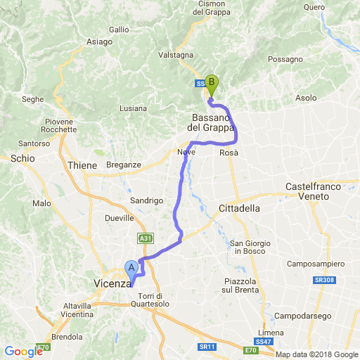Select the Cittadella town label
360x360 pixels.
(x=240, y=209)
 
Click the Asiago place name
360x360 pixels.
(x=99, y=41)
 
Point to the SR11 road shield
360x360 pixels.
(x=206, y=347)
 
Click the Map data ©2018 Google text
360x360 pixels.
(x=316, y=354)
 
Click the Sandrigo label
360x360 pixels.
(x=147, y=200)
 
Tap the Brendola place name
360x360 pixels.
(x=67, y=337)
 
